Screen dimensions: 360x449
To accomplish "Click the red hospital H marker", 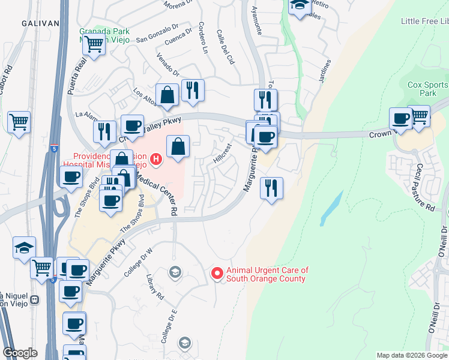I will click(x=156, y=159).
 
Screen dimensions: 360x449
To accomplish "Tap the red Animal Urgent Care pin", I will click(x=217, y=273).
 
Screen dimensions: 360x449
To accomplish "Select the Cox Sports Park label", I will click(x=427, y=89).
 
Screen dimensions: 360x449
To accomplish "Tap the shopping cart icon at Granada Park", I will click(x=94, y=43).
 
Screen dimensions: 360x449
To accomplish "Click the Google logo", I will click(x=20, y=353).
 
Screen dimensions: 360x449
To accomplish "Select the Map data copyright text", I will click(x=412, y=355).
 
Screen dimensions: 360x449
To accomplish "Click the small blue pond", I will click(x=331, y=207).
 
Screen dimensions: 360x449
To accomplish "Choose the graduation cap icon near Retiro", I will click(x=298, y=6).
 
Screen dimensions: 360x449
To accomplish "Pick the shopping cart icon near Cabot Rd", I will click(x=19, y=122).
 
